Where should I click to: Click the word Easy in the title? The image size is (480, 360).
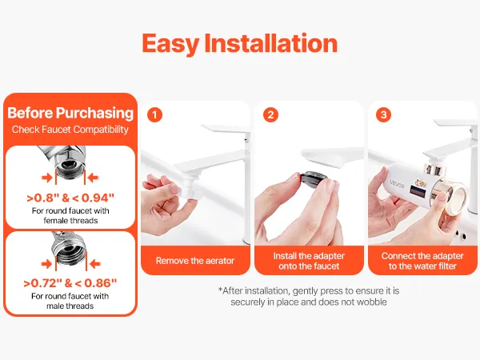170,44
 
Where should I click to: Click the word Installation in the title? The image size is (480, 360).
271,43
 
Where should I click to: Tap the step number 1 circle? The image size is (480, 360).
154,114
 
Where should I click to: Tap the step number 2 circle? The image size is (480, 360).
270,114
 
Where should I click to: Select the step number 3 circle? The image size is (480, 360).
383,114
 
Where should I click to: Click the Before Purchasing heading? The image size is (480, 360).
70,113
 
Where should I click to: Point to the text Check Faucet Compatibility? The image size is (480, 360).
70,130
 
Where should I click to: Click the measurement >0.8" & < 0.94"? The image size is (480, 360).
70,198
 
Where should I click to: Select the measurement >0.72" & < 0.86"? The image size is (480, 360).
70,283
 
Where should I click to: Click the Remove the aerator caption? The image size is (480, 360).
195,261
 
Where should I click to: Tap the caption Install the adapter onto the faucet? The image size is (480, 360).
309,261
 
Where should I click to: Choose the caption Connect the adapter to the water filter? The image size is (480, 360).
422,261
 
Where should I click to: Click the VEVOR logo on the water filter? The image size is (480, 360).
397,185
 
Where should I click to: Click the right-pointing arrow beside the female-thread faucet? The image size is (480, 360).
47,178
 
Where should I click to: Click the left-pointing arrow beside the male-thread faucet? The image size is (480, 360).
95,264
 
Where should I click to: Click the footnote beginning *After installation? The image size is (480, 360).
309,296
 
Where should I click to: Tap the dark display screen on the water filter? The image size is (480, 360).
418,192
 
